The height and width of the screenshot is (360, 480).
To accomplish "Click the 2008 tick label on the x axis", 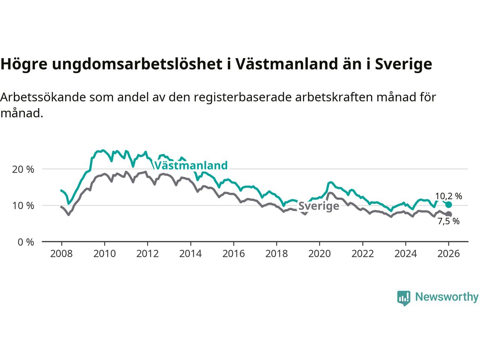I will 61,254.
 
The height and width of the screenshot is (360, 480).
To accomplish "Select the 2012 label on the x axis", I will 147,254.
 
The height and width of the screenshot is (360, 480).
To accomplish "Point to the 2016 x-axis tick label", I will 233,254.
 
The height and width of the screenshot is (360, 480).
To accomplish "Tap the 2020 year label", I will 319,254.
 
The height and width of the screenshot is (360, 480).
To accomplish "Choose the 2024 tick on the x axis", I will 405,254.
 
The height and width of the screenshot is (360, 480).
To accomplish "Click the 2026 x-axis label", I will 448,254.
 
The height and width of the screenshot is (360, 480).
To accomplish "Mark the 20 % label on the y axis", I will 23,169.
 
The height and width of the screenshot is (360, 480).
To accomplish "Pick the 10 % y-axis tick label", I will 23,205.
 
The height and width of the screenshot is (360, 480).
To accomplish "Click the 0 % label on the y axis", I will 25,242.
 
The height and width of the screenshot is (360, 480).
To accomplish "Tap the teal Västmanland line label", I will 191,165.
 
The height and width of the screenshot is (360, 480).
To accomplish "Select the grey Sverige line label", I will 319,206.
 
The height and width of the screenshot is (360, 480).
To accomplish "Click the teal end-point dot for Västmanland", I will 448,204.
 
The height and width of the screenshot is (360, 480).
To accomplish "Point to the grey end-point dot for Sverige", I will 448,214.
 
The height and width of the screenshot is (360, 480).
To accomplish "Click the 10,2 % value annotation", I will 448,196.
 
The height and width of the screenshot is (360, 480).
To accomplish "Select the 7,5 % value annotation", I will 448,221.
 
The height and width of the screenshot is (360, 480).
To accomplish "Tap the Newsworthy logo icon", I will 403,298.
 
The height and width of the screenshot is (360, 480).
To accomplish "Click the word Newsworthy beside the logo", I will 447,297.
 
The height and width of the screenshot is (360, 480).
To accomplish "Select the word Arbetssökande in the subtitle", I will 43,97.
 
